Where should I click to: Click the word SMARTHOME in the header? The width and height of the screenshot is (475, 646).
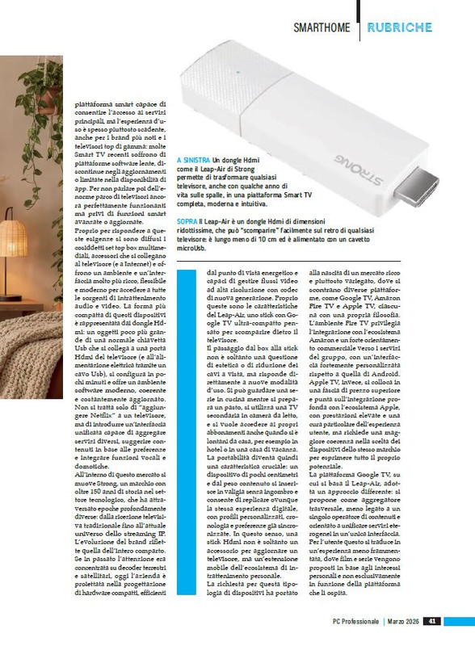pos(322,27)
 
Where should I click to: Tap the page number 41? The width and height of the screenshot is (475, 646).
pos(433,621)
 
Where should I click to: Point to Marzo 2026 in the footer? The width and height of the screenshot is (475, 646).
pos(401,621)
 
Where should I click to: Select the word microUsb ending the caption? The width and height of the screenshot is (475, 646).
pos(191,249)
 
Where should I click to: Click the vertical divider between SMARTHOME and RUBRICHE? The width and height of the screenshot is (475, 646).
pos(360,27)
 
